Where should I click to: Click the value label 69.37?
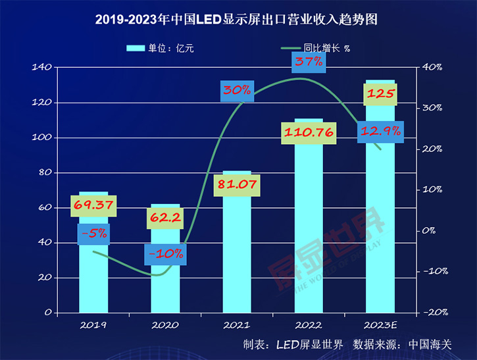coord(93,206)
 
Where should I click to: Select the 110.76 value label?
coord(309,133)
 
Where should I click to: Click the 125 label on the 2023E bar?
coord(380,94)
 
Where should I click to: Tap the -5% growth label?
coord(93,234)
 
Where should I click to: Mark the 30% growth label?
coord(237,91)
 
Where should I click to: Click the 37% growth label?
coord(309,62)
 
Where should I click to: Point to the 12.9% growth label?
coord(380,132)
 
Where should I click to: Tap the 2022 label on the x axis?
coord(309,324)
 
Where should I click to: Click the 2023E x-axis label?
coord(380,324)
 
